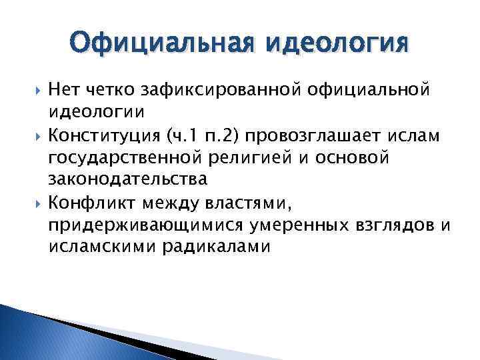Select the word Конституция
pos(102,137)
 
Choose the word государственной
pos(117,159)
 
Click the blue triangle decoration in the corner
pos(40,333)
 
